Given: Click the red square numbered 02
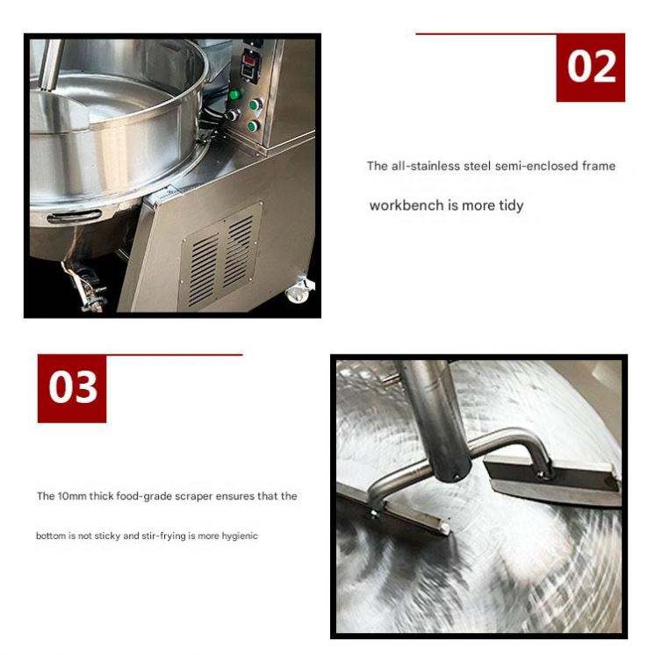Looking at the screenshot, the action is [x=591, y=68].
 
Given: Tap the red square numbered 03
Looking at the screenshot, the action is [x=72, y=388].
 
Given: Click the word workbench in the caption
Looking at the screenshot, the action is [x=406, y=205].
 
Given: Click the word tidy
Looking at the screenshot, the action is [x=511, y=206].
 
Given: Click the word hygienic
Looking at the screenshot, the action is [x=240, y=536].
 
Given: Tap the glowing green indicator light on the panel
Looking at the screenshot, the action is [x=236, y=94].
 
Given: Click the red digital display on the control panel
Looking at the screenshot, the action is [x=249, y=61].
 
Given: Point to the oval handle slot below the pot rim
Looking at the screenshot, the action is [x=75, y=216].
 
